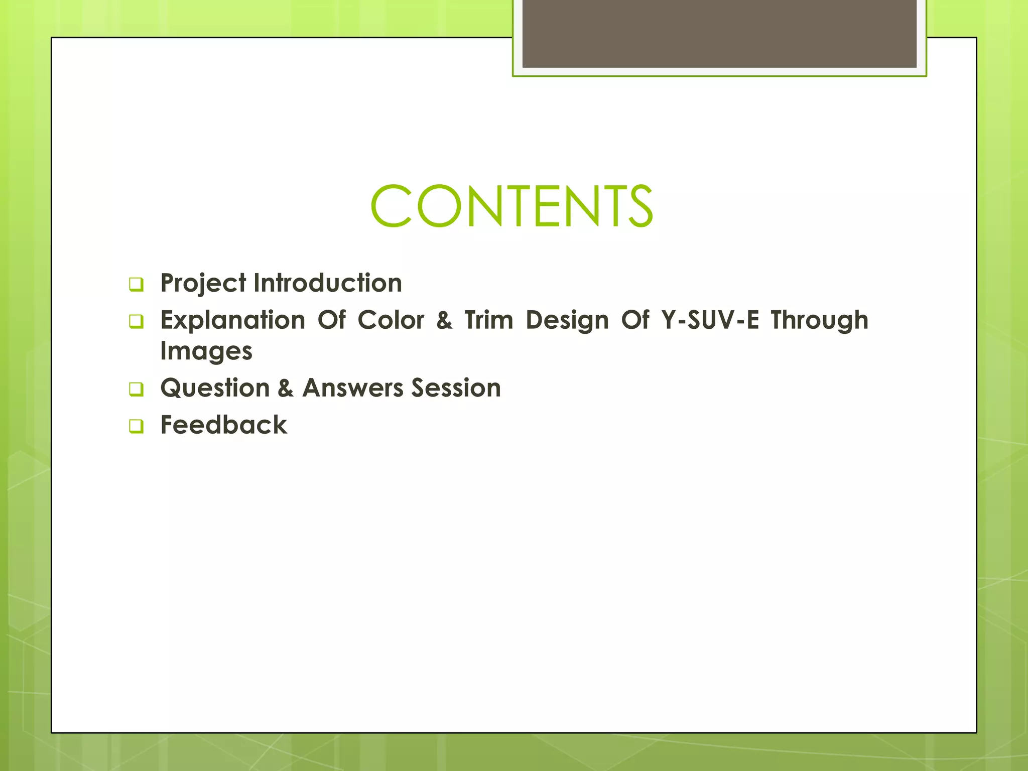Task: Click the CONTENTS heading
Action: (511, 206)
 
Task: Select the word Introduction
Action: (328, 283)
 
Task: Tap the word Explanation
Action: (232, 320)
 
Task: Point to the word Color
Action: (391, 320)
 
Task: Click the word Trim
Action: (489, 320)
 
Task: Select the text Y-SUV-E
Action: (710, 320)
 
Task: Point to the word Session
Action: (456, 388)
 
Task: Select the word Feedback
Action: (223, 425)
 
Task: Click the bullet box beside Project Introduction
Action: (136, 285)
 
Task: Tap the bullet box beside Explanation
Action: (136, 321)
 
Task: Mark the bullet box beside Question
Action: (136, 389)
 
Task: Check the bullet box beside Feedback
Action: (136, 426)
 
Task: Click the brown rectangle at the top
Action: (719, 33)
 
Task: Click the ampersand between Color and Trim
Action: (444, 320)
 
